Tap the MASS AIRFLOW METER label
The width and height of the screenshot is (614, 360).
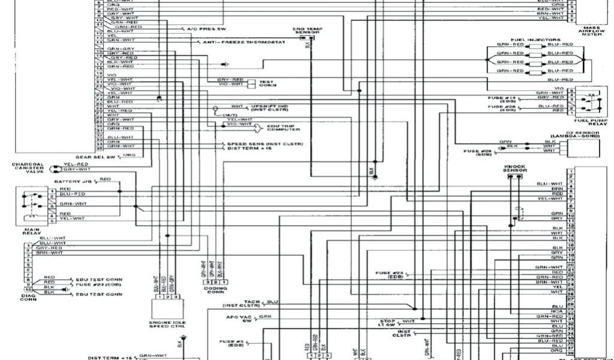(x=591, y=31)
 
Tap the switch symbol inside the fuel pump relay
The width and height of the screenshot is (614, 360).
(x=590, y=102)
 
